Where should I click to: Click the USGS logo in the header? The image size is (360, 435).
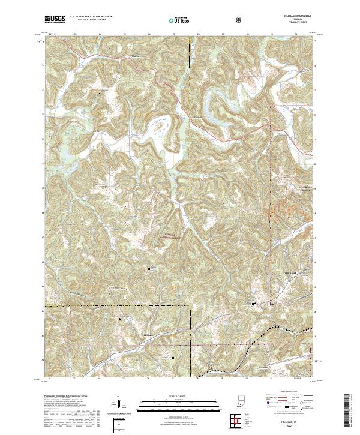56,19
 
